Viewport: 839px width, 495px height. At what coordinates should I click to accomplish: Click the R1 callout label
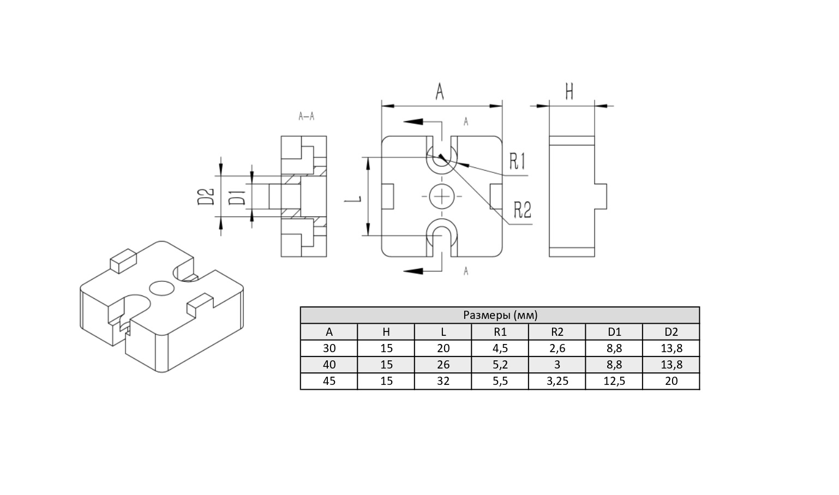click(517, 161)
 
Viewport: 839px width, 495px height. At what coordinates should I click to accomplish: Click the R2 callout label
click(523, 210)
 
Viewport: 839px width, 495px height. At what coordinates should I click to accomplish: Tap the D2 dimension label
click(206, 197)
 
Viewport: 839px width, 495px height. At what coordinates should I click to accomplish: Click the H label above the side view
click(570, 92)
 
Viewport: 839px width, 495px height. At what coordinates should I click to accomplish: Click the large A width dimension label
click(440, 92)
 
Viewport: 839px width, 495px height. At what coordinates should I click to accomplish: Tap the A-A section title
click(307, 117)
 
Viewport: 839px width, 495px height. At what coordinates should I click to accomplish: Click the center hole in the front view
click(442, 196)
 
